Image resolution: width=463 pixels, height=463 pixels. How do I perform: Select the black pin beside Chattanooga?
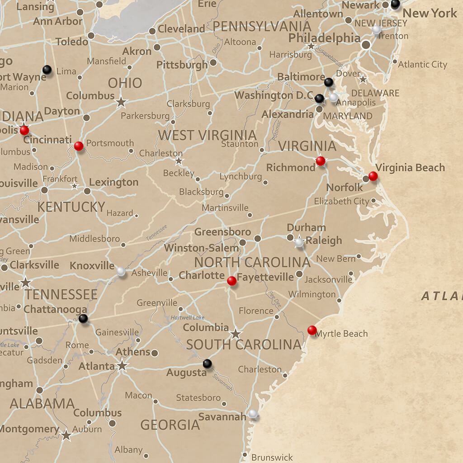click(x=83, y=319)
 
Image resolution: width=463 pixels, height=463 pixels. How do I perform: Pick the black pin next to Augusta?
click(x=207, y=363)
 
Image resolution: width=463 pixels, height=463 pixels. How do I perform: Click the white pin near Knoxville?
click(x=121, y=271)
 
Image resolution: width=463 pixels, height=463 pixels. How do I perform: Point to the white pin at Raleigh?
click(x=298, y=243)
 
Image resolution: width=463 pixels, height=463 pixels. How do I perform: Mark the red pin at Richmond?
click(x=321, y=161)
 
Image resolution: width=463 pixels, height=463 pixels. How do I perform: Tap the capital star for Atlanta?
click(x=122, y=365)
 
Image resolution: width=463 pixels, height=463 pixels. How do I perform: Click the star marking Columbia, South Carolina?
click(x=235, y=335)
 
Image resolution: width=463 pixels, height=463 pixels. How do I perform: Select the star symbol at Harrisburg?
click(x=311, y=46)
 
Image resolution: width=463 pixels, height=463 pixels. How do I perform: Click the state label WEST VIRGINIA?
click(x=207, y=135)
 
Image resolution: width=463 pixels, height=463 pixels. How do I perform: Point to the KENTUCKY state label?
click(x=71, y=207)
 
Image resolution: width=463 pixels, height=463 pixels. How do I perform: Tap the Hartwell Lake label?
click(x=187, y=318)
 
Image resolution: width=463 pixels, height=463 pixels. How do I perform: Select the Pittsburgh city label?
click(x=182, y=65)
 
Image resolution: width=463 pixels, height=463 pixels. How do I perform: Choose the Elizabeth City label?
click(x=341, y=201)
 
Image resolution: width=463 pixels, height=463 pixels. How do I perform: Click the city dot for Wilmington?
click(x=339, y=300)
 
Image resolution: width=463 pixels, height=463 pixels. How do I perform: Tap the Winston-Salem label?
click(x=201, y=248)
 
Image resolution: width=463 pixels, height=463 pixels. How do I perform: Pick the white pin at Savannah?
click(x=253, y=414)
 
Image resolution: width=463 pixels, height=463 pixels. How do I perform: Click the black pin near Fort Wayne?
click(x=47, y=70)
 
